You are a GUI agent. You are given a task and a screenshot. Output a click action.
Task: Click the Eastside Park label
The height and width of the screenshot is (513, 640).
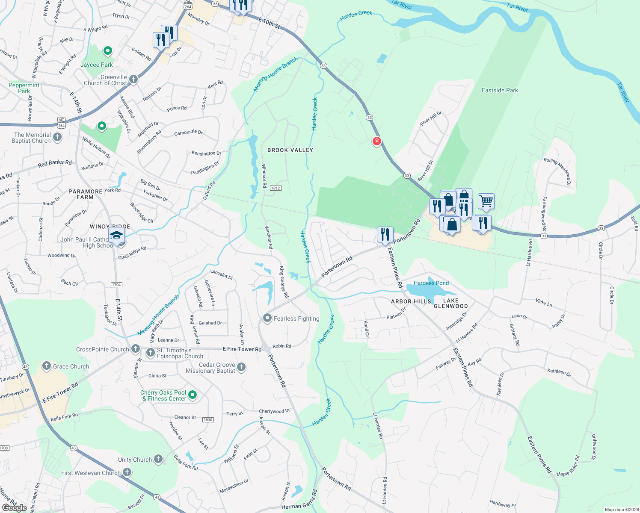coord(500,91)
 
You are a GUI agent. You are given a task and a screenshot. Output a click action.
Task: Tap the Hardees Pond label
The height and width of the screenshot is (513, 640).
coord(431,283)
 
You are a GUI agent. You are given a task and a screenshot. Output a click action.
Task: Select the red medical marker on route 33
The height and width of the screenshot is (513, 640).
coord(376,141)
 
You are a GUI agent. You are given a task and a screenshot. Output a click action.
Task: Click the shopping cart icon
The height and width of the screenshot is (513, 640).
coord(486,200)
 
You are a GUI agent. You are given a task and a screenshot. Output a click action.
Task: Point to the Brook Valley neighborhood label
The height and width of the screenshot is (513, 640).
coord(290,150)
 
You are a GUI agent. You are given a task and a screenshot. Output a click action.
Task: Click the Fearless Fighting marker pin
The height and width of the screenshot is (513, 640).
coord(267,318)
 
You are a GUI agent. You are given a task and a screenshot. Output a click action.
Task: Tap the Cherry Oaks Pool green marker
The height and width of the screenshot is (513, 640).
coord(193,395)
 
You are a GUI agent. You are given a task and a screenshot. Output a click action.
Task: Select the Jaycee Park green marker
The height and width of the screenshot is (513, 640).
coord(108,51)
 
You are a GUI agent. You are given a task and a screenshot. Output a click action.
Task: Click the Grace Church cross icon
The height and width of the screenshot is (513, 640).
coord(47,366)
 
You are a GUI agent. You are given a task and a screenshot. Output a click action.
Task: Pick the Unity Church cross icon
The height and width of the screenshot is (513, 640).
coord(158,459)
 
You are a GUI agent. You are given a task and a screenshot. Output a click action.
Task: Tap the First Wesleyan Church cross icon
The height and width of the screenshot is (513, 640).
coord(127,472)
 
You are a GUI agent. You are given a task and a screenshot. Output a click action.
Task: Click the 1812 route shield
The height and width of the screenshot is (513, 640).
coord(276,188)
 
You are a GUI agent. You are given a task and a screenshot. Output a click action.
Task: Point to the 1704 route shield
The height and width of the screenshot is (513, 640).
coord(116,285)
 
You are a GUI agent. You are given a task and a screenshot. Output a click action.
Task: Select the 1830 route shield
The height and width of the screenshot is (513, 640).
coord(208,420)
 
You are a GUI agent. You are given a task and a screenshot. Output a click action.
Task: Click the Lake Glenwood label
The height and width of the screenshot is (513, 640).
coord(450,303)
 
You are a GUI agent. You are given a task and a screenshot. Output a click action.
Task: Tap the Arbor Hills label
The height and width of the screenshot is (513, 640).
coord(411,301)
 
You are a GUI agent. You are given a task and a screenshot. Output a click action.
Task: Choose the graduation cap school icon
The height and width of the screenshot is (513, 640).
coord(116,235)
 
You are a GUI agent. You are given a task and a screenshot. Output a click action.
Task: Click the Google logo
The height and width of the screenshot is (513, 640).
coord(14,508)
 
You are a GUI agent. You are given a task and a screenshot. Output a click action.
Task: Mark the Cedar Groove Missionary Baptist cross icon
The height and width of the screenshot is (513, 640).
coord(241,367)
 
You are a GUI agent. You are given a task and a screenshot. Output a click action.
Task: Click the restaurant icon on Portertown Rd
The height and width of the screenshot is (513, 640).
coord(385,234)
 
